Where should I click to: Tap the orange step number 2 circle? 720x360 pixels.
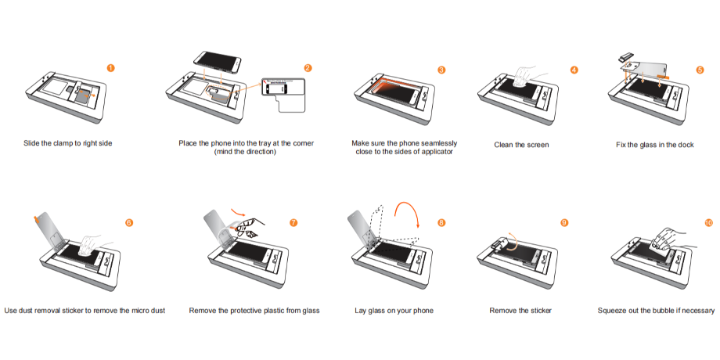pyautogui.click(x=308, y=68)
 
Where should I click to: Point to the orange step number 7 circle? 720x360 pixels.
pyautogui.click(x=293, y=222)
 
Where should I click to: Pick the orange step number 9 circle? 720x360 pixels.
pyautogui.click(x=564, y=222)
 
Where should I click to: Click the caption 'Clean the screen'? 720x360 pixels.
pyautogui.click(x=521, y=145)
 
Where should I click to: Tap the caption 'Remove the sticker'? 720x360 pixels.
pyautogui.click(x=520, y=311)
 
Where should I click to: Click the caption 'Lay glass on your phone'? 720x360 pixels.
pyautogui.click(x=394, y=311)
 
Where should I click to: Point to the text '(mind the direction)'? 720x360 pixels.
pyautogui.click(x=245, y=152)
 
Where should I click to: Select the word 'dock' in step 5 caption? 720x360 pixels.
pyautogui.click(x=686, y=145)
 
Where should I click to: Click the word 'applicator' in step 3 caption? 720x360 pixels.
pyautogui.click(x=437, y=152)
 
